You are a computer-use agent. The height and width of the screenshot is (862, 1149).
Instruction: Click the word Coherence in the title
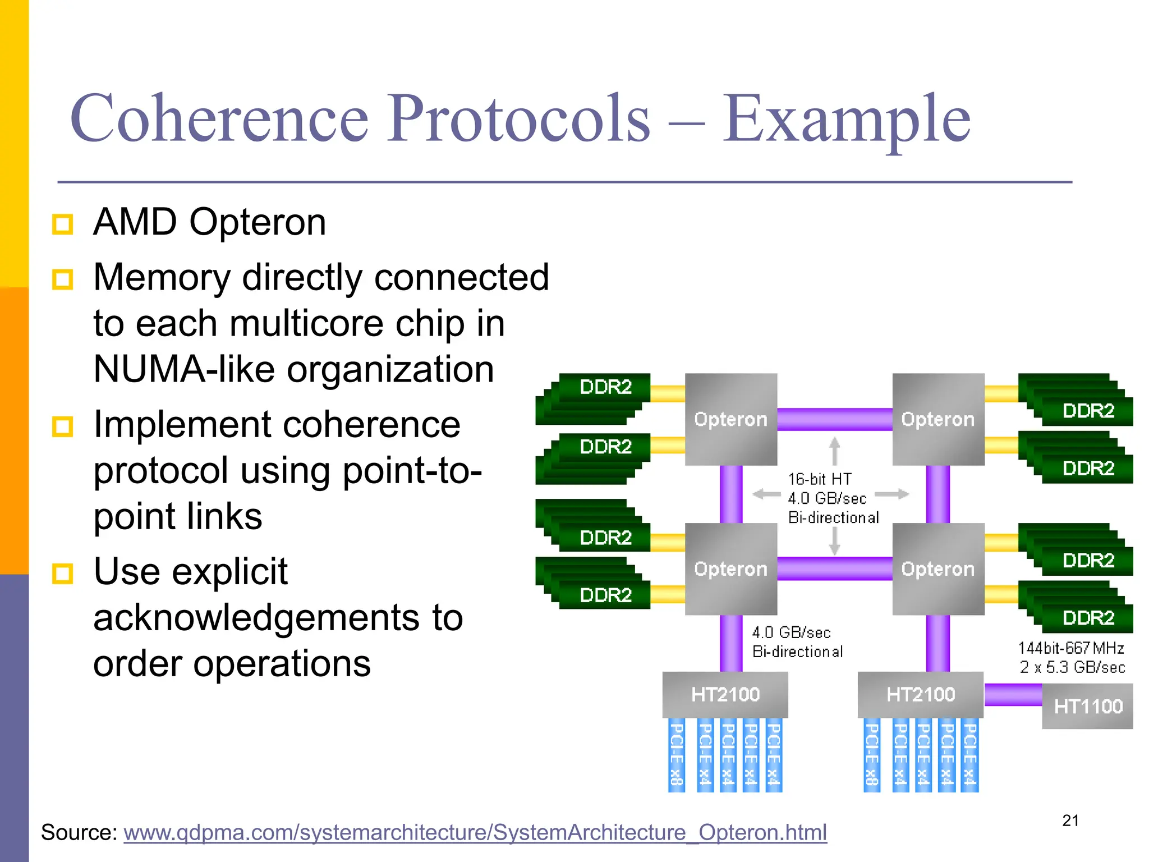[x=219, y=119]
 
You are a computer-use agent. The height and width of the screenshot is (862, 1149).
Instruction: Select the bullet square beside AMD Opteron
[x=62, y=224]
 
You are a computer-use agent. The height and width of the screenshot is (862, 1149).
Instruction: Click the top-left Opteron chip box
[x=730, y=419]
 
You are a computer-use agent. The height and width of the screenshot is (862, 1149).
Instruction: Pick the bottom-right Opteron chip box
[x=937, y=568]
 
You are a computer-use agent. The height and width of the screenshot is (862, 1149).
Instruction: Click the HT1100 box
[x=1087, y=706]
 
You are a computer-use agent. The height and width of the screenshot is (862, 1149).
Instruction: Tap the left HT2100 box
[x=725, y=694]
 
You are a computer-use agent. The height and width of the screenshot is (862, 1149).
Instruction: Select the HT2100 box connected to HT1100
[x=920, y=694]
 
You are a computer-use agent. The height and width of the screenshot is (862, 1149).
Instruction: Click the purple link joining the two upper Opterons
[x=834, y=419]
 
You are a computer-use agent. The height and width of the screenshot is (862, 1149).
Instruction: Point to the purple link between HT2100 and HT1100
[x=1013, y=695]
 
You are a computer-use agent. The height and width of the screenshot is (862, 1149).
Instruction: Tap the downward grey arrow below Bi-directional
[x=834, y=541]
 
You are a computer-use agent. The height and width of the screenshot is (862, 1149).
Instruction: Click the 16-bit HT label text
[x=819, y=479]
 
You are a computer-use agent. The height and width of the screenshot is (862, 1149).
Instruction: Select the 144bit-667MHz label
[x=1070, y=648]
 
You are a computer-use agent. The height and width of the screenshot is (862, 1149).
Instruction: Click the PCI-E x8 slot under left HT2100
[x=677, y=755]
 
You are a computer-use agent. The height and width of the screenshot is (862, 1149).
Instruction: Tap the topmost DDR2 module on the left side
[x=605, y=387]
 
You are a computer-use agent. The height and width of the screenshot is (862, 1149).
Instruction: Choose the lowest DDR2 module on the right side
[x=1087, y=617]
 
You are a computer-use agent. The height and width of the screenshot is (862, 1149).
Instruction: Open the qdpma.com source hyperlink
[x=475, y=832]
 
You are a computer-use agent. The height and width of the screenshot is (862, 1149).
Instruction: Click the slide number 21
[x=1070, y=820]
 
